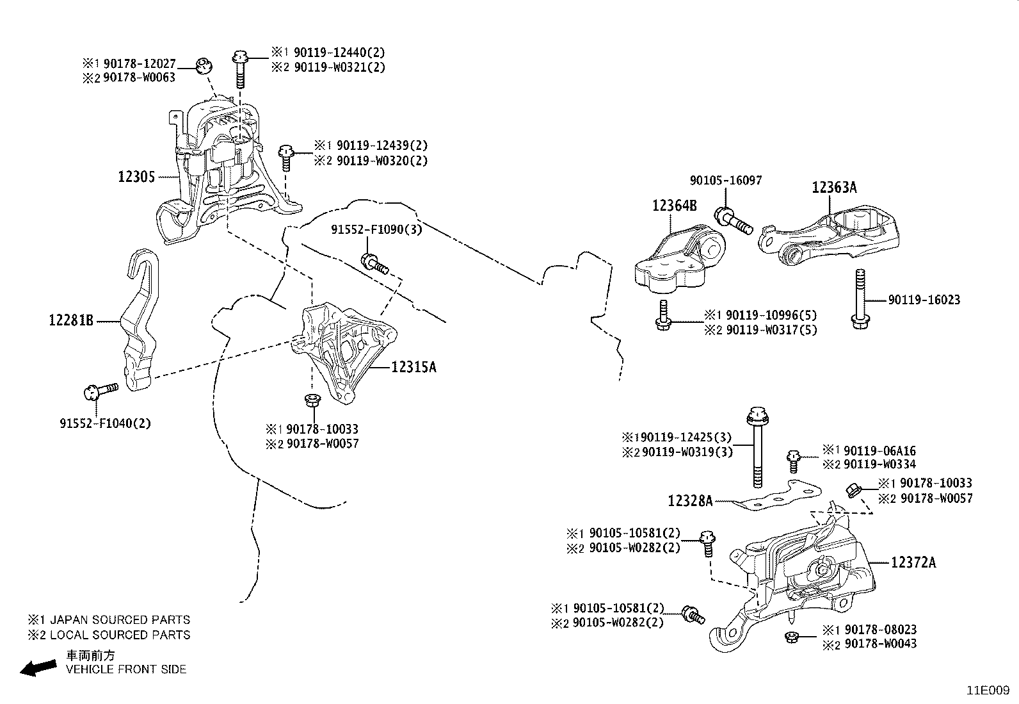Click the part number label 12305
click(x=136, y=177)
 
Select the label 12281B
click(x=71, y=319)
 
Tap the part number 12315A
click(x=413, y=367)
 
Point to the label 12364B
click(x=674, y=206)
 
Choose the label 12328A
click(x=689, y=501)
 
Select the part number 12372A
click(x=913, y=563)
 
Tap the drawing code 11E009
click(x=988, y=691)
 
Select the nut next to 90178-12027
click(x=204, y=65)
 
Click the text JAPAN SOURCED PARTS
click(x=120, y=620)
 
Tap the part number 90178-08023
click(x=880, y=630)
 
